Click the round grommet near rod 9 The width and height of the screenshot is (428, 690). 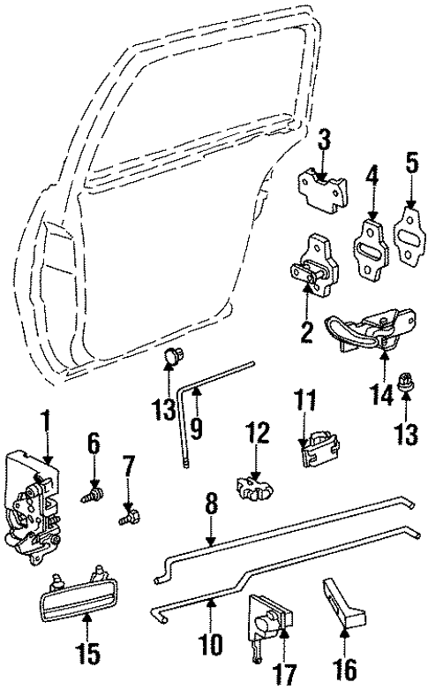pyautogui.click(x=172, y=357)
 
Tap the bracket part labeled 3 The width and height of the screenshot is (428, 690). pyautogui.click(x=321, y=187)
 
